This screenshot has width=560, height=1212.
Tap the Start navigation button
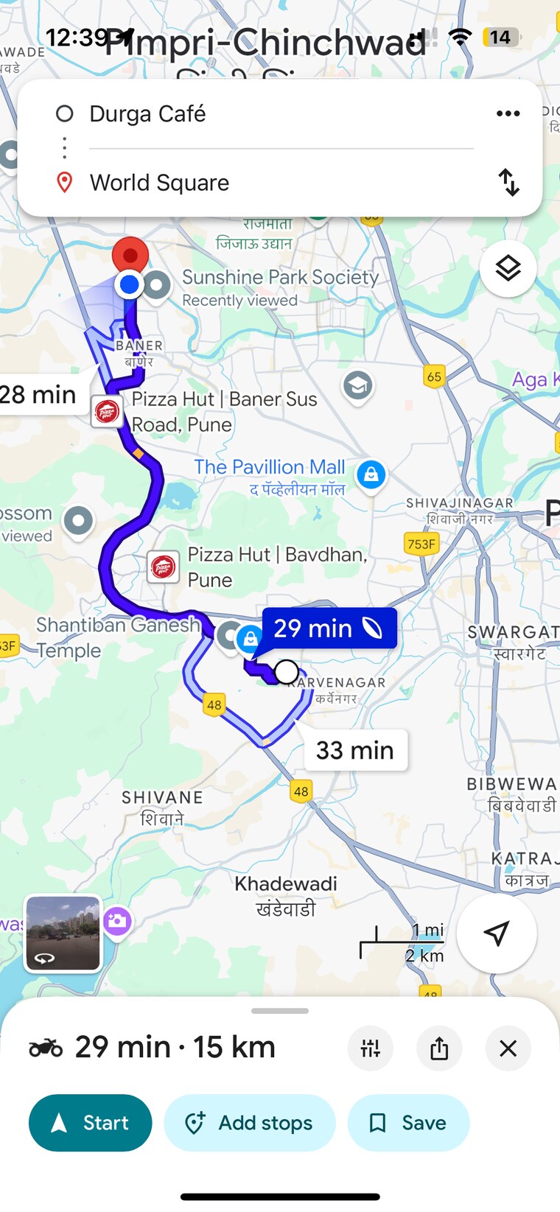91,1122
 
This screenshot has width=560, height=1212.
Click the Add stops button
250,1122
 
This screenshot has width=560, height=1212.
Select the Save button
408,1122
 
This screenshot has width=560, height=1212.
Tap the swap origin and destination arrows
508,182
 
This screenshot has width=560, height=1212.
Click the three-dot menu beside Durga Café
508,113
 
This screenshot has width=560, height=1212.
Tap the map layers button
508,269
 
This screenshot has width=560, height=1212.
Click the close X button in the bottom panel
508,1048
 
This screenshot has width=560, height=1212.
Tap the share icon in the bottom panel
439,1048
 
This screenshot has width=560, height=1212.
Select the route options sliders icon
370,1048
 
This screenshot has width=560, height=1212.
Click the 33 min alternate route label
355,750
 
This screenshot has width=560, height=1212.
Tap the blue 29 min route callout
329,628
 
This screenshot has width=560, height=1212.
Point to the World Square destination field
159,183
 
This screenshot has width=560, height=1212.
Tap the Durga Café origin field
147,114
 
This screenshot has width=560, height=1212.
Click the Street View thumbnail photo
63,933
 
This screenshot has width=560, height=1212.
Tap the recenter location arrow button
497,933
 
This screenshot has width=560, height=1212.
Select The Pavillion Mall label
270,467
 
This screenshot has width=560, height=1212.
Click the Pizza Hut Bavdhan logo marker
163,567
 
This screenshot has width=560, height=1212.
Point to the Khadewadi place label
286,884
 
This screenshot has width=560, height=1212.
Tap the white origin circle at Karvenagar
287,672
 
